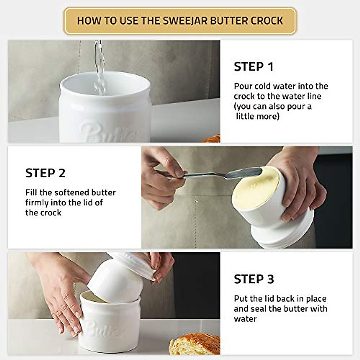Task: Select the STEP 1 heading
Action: pos(253,67)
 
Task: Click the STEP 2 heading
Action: pos(45,173)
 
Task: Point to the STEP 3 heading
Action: pos(254,279)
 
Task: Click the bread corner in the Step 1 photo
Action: pos(212,139)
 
